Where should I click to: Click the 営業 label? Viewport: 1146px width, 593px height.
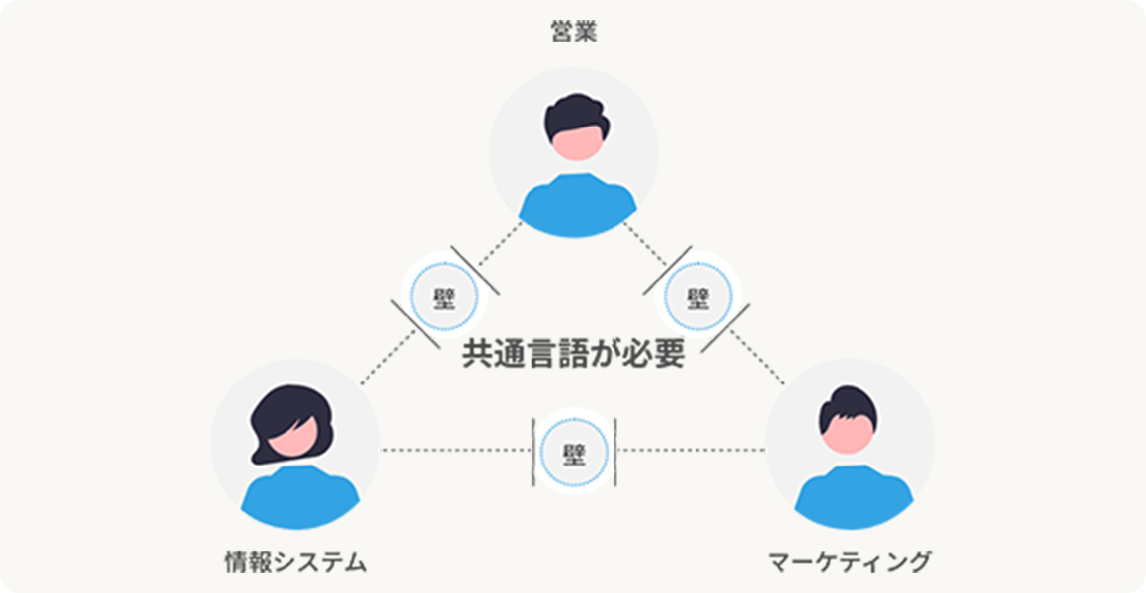click(x=573, y=33)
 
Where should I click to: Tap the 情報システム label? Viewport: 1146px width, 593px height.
click(x=295, y=562)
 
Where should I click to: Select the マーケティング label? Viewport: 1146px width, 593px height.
click(x=850, y=562)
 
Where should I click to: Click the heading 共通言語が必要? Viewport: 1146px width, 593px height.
click(x=574, y=355)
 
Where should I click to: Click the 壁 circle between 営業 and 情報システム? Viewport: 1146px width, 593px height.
click(x=446, y=297)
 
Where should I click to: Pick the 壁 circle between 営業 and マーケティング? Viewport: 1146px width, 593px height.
click(x=698, y=297)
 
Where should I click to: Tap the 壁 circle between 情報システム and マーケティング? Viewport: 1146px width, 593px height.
click(x=574, y=452)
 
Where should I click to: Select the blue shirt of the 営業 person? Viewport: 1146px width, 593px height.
click(x=577, y=207)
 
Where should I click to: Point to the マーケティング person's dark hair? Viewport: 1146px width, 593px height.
click(x=847, y=403)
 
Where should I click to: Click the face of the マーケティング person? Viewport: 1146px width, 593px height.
click(x=848, y=434)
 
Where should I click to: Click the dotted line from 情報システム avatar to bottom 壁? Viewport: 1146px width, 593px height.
click(x=455, y=450)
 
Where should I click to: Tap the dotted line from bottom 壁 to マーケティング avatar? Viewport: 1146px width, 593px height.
click(x=691, y=450)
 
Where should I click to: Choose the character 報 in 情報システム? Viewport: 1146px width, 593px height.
click(x=260, y=562)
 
